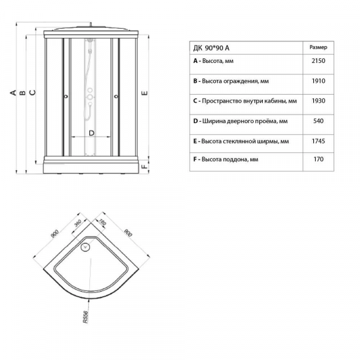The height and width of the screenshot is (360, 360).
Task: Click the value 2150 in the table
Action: (318, 61)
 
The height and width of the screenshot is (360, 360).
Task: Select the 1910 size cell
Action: (318, 81)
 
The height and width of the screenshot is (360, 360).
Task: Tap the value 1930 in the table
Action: (318, 101)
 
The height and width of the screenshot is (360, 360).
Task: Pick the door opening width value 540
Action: (318, 121)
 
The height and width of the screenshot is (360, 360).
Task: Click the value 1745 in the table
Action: (318, 141)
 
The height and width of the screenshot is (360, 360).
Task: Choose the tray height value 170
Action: (319, 159)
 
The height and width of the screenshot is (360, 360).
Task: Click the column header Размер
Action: (318, 47)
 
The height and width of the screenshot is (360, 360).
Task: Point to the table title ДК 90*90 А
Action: (211, 48)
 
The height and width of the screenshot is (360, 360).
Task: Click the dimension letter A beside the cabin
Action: (13, 92)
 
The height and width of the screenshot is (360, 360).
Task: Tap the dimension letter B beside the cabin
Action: (23, 92)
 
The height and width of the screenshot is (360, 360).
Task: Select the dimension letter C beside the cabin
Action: (32, 92)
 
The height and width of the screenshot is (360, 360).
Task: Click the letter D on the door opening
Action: (91, 133)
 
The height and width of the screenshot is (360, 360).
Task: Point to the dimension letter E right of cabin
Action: (145, 93)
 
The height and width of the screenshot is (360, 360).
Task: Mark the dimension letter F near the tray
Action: (145, 166)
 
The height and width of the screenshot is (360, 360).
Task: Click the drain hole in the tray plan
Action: (85, 247)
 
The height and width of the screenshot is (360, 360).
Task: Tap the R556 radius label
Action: (85, 317)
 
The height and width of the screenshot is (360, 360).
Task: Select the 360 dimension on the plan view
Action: (78, 223)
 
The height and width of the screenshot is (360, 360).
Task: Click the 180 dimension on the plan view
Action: (103, 222)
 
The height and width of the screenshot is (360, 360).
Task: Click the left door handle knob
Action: (66, 97)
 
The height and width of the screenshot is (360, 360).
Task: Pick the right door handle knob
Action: (116, 97)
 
